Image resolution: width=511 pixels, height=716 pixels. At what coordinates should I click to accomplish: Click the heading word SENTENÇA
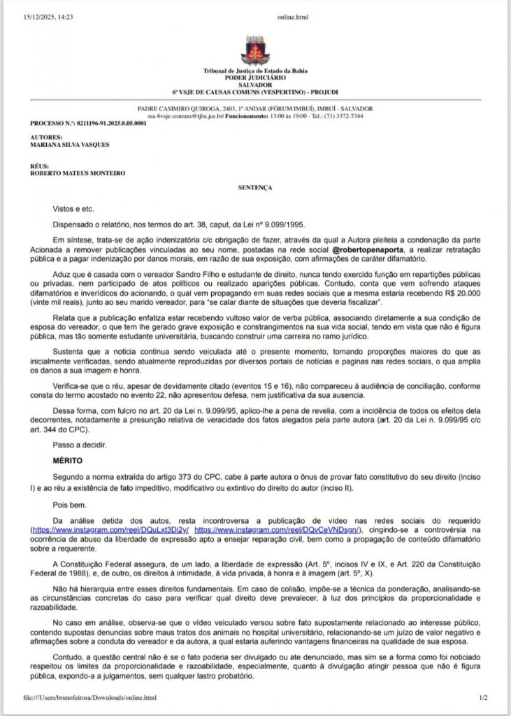pos(255,188)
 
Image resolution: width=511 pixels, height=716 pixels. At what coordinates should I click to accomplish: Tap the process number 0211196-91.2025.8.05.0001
pos(104,123)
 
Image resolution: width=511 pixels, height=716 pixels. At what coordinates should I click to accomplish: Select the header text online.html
pos(292,16)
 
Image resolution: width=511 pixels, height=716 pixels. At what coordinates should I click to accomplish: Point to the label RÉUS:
pos(40,166)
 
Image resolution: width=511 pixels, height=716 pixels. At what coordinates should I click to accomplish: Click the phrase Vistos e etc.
pos(73,209)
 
